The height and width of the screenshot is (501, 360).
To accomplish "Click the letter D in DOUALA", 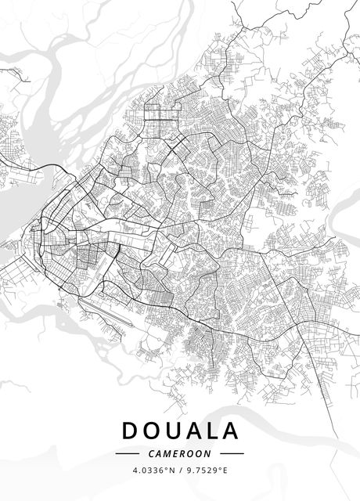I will [131, 431].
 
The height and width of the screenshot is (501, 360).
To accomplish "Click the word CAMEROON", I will [179, 453].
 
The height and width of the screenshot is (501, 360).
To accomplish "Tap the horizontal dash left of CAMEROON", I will [127, 453].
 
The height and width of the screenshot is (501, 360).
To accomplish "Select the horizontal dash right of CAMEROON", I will [232, 453].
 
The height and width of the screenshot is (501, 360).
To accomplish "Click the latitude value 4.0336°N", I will [152, 470].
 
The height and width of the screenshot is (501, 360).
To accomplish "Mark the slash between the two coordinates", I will [181, 470].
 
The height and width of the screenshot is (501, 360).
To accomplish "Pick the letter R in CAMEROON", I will [183, 453].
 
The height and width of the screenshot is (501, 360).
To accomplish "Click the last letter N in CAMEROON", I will [209, 453].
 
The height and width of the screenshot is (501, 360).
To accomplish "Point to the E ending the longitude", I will [225, 470].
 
